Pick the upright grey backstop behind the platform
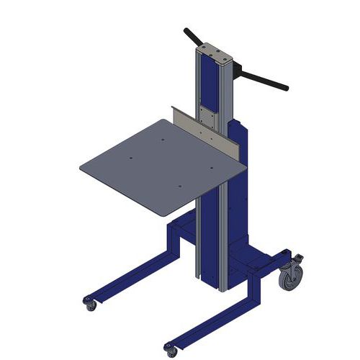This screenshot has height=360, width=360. (x=208, y=133)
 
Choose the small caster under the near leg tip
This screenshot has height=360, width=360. (x=171, y=351)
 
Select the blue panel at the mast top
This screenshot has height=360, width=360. (x=210, y=83)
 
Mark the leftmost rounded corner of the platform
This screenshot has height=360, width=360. (x=82, y=168)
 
